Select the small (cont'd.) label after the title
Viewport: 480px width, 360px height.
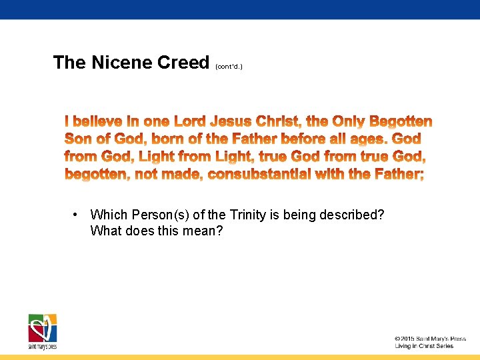coord(229,67)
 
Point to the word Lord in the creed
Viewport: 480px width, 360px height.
coord(189,122)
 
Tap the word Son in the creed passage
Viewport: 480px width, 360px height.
coord(78,139)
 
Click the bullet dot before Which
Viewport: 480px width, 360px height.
coord(77,215)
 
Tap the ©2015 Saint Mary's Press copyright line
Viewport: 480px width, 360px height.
coord(430,339)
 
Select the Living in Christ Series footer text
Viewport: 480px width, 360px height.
coord(424,346)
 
